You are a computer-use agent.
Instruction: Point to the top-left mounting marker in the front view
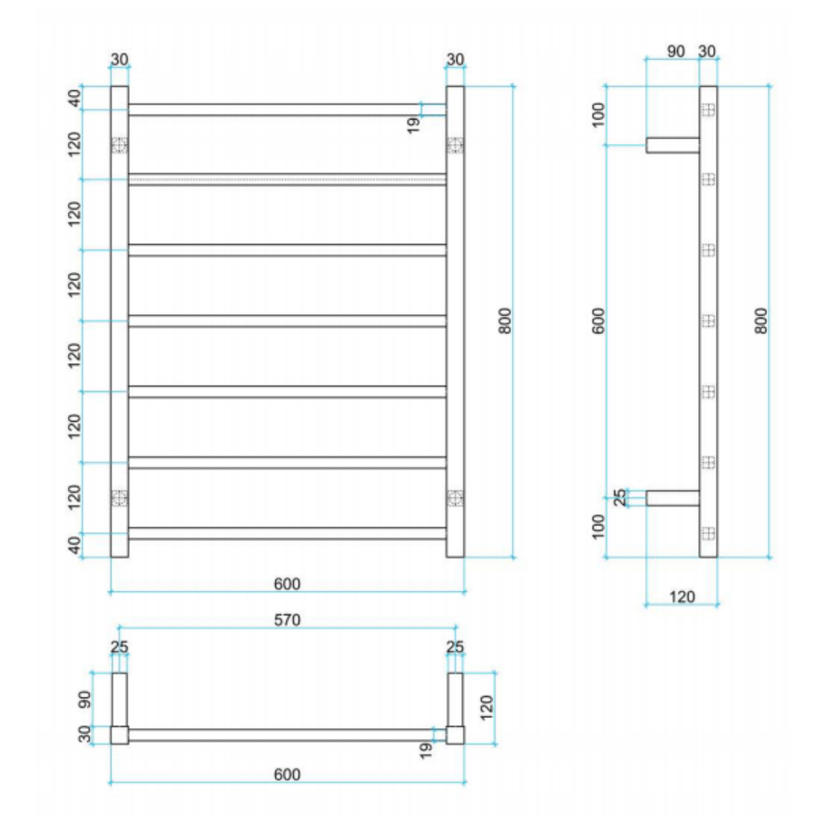pos(119,145)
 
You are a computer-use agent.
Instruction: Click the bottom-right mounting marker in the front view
pos(455,497)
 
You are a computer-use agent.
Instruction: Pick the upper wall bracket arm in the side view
pos(673,144)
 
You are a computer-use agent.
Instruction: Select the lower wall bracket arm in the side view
pos(673,497)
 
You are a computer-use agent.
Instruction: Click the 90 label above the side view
pos(675,52)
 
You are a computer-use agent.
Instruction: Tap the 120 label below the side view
pos(681,596)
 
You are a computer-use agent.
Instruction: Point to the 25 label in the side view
pos(621,497)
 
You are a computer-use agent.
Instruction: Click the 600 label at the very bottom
pos(287,774)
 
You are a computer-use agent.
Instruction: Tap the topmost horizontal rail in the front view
pos(287,110)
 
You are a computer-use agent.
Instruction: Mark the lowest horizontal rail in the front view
pos(287,534)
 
